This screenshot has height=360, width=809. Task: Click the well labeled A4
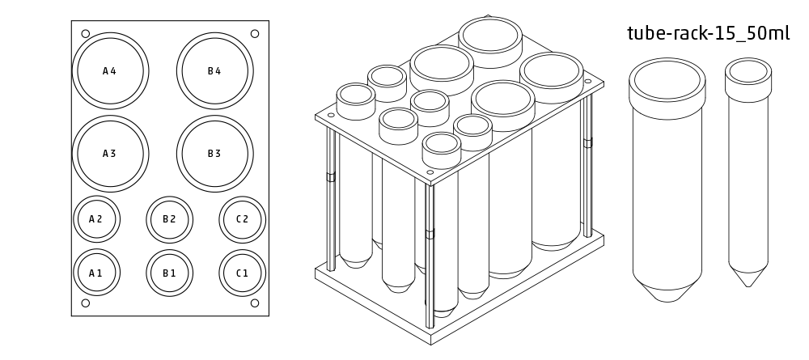[110, 71]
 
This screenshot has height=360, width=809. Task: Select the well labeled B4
[214, 71]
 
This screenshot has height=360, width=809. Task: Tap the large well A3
[110, 154]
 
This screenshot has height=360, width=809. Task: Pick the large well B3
[214, 154]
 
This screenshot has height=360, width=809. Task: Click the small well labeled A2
[96, 219]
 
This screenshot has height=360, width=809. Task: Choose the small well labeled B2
[169, 219]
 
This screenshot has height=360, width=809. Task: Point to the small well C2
[242, 219]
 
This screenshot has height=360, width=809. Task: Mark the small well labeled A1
[96, 273]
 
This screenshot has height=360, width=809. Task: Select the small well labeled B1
[169, 273]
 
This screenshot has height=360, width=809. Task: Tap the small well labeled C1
[242, 273]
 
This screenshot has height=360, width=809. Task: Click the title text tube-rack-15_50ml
[708, 34]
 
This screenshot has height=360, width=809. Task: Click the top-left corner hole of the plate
[85, 34]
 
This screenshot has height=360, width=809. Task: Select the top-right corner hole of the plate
[255, 34]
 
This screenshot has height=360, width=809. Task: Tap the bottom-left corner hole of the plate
[85, 303]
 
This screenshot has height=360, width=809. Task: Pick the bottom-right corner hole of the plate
[255, 303]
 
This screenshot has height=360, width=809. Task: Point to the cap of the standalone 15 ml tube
[748, 74]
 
